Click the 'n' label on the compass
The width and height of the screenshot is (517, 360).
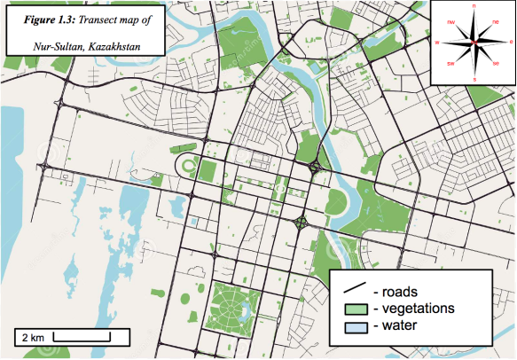[x=474, y=6]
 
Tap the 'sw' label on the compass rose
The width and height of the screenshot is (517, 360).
[x=450, y=65]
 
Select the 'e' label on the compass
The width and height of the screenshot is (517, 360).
[x=511, y=42]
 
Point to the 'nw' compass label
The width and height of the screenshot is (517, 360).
[x=450, y=20]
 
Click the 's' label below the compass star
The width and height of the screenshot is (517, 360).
[x=474, y=80]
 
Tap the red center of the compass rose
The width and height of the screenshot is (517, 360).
[x=474, y=43]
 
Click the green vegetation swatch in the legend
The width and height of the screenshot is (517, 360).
[x=356, y=309]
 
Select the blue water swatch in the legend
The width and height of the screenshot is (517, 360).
[x=356, y=327]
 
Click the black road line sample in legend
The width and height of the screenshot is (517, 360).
[x=356, y=289]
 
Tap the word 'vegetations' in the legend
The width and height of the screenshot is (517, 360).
[x=419, y=309]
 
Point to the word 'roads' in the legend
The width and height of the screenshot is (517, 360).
[x=400, y=290]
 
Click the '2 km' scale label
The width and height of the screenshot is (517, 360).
[x=31, y=338]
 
